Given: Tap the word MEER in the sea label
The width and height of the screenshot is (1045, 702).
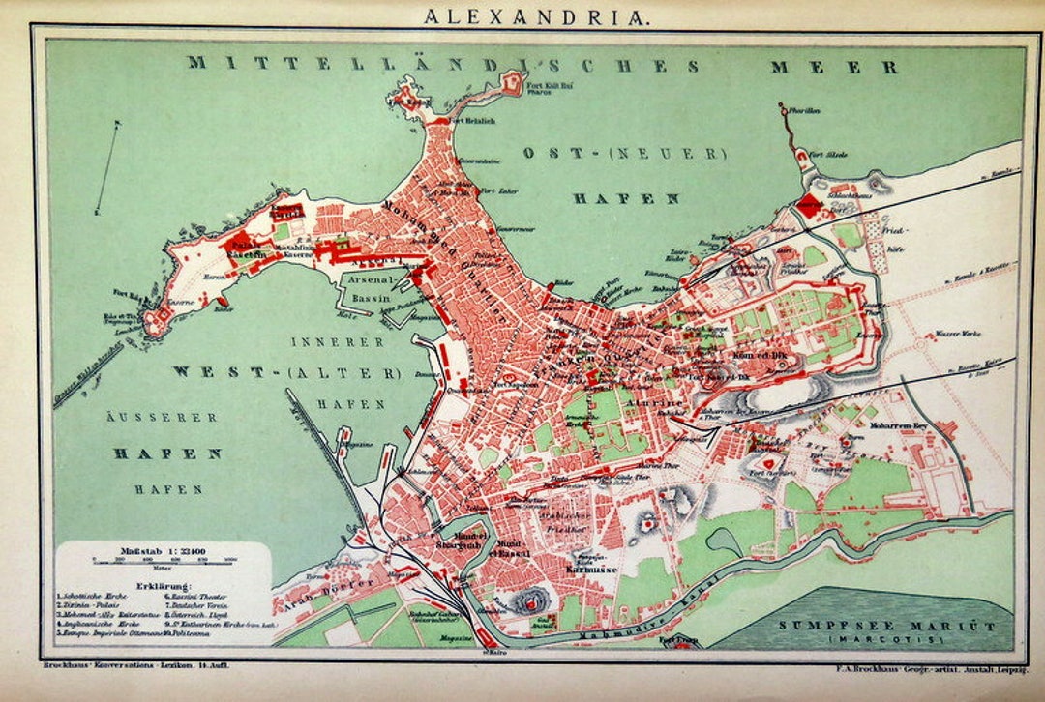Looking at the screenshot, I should (834, 67).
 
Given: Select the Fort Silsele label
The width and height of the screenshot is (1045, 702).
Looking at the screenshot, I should (829, 154).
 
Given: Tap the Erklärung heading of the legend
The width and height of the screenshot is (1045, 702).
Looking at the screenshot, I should (164, 586).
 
